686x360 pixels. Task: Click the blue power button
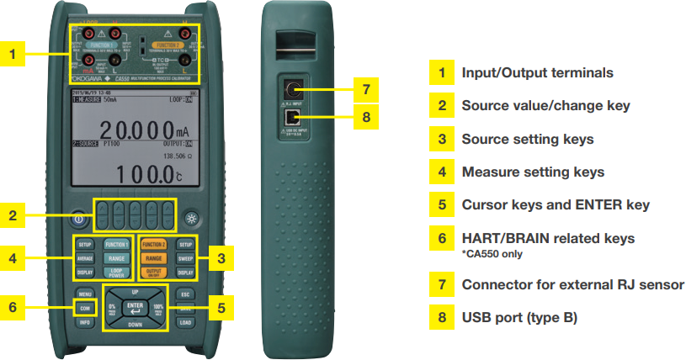coord(77,215)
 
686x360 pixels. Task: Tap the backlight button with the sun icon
coord(191,215)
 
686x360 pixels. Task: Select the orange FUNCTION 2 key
coord(153,244)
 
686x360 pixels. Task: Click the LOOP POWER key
coord(115,273)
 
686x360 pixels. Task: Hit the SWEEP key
coord(185,258)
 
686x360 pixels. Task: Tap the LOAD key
coord(185,321)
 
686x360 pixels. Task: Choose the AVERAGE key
coord(84,258)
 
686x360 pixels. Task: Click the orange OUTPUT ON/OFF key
coord(153,273)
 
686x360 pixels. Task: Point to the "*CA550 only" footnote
coord(491,252)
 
